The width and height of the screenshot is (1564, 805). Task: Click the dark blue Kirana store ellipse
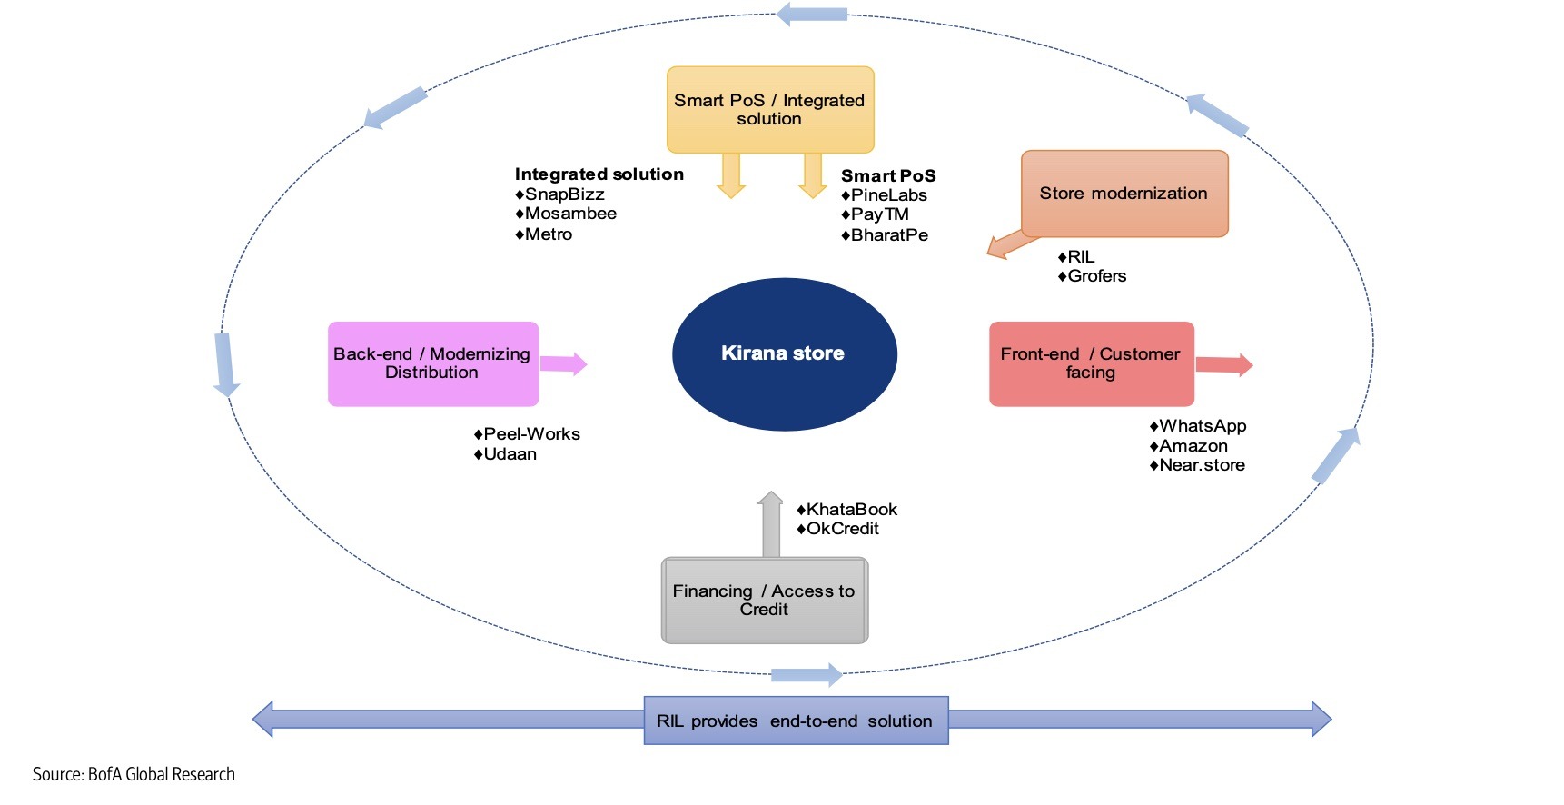point(784,353)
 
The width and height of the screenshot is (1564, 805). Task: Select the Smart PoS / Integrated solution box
point(770,110)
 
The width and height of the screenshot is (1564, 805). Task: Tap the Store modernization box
point(1124,194)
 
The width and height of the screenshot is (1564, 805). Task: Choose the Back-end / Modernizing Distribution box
point(432,363)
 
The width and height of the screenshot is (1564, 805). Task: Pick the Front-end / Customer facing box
point(1091,363)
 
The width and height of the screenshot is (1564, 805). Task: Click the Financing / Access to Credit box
point(765,601)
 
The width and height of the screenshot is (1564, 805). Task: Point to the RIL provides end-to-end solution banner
point(796,721)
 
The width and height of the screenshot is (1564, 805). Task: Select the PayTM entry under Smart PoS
point(879,214)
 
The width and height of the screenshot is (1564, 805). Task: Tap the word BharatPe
point(889,235)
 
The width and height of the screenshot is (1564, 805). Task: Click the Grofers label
point(1096,276)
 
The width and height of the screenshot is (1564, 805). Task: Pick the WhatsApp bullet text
point(1202,426)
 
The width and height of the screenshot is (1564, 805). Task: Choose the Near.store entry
point(1202,465)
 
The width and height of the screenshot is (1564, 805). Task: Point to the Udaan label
point(510,454)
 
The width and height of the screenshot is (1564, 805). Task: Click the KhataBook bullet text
point(851,510)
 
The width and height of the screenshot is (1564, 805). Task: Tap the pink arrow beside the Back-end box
point(564,364)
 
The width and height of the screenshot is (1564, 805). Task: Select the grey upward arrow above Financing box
point(770,525)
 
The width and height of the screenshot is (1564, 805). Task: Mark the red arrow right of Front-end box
point(1224,365)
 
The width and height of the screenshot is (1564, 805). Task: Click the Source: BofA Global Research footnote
point(134,775)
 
